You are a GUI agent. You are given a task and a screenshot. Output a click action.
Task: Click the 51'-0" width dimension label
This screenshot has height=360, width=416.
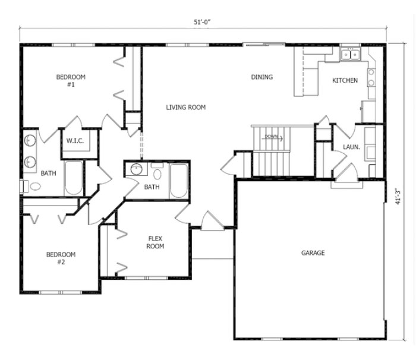201,22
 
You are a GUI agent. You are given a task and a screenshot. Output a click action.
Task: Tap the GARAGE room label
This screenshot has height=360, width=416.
313,253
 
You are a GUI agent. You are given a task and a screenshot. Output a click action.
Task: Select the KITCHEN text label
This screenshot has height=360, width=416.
345,81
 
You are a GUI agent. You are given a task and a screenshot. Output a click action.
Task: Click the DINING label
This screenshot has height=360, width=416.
261,77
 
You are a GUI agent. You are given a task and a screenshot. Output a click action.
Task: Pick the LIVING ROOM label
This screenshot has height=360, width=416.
185,108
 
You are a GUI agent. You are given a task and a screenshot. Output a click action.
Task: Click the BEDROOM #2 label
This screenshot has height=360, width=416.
61,258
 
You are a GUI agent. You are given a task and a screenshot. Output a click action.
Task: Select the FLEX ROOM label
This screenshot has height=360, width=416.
156,242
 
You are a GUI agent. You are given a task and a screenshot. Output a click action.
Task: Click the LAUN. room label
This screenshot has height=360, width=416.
349,147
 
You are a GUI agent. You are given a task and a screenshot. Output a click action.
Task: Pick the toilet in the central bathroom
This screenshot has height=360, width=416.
157,173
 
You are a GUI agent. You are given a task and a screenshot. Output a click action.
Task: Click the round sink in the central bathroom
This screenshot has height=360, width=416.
136,169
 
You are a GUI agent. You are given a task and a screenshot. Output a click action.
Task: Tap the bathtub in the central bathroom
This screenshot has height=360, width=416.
178,181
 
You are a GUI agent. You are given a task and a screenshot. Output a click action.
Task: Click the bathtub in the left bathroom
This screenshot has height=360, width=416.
73,178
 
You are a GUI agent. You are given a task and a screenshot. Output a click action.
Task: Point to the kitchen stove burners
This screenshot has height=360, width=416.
371,77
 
